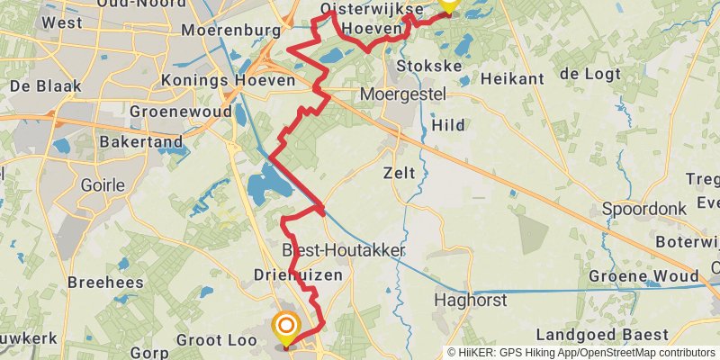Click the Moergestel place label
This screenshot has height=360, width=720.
coord(399,94)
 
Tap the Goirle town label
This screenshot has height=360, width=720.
coord(102,185)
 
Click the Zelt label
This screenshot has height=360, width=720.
coord(399,173)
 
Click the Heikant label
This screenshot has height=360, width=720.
coord(513,79)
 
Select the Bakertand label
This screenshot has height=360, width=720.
coord(141,142)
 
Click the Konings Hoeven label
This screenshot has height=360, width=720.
coord(228,81)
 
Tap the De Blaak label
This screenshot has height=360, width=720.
coord(46,86)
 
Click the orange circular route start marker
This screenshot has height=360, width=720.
coord(286,327)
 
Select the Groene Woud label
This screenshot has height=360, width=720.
coord(644,275)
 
